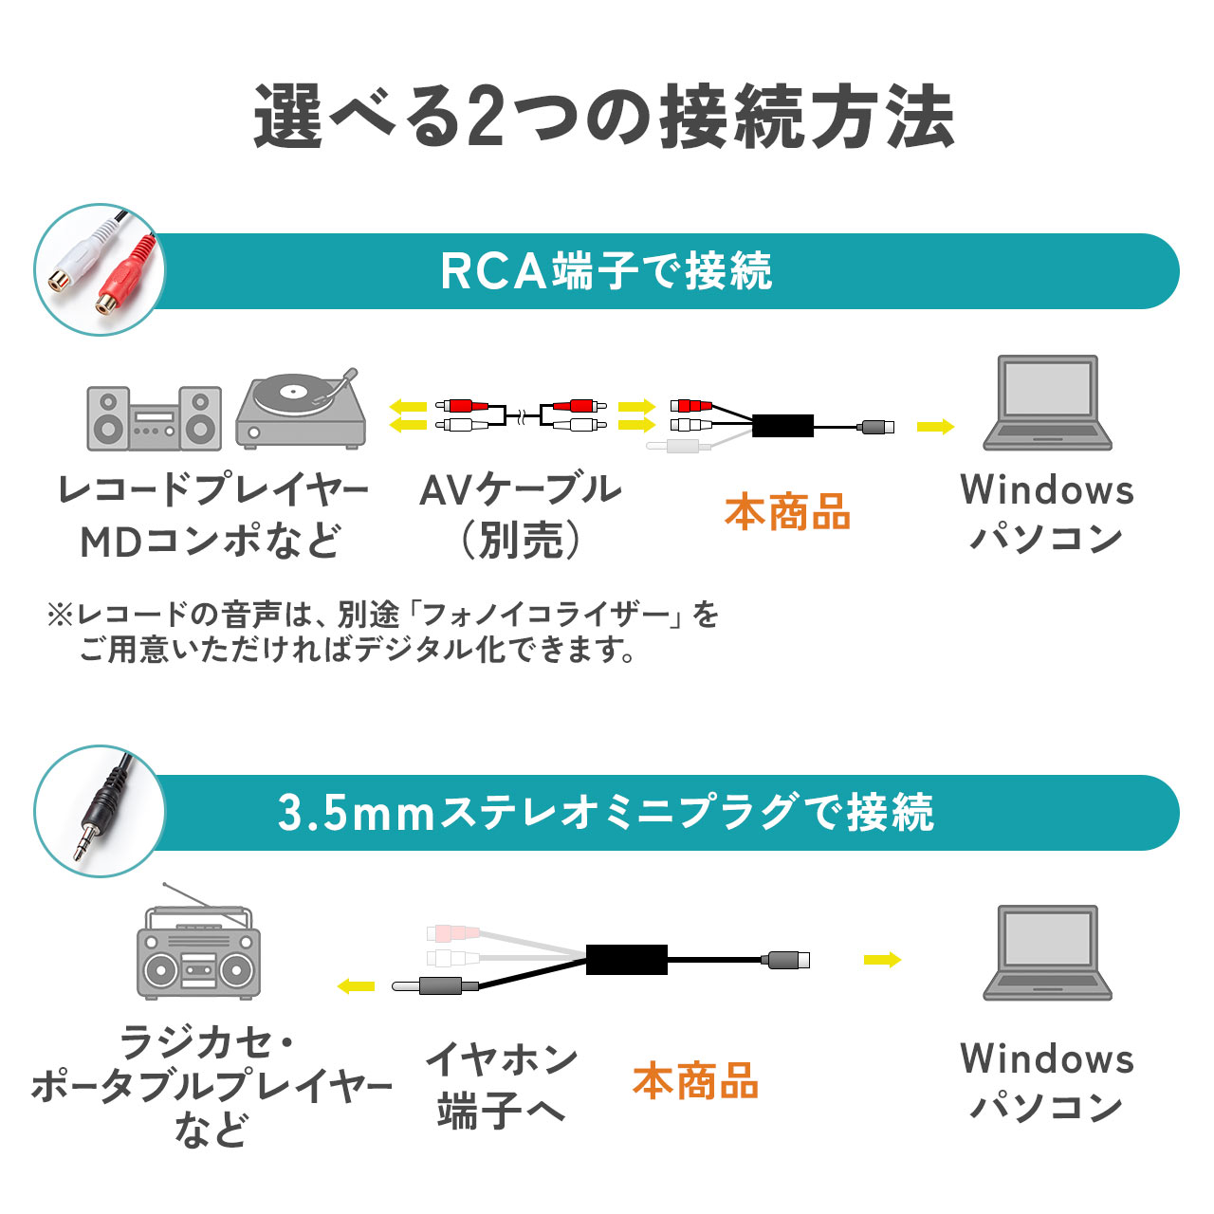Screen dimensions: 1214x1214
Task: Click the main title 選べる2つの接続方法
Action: pos(604,117)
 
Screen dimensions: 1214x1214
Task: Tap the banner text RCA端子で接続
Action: pos(606,271)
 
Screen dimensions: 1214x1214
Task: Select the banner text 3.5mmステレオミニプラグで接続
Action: pos(606,813)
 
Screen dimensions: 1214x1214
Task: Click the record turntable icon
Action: pos(301,410)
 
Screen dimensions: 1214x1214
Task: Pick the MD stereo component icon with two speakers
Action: pos(154,417)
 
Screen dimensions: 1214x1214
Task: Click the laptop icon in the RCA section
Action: pos(1047,404)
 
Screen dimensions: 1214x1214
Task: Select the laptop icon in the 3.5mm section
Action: pos(1047,953)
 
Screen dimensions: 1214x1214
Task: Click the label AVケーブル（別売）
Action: pos(520,515)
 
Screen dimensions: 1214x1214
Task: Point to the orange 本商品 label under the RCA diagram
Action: pos(787,512)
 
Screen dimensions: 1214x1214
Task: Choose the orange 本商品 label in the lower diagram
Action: pos(695,1081)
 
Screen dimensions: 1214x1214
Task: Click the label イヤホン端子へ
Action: pos(501,1084)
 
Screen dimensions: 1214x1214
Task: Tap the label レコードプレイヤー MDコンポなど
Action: pos(212,515)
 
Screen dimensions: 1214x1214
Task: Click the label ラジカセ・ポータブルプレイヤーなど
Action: pos(211,1086)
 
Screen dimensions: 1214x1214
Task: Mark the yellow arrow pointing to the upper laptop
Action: pos(935,427)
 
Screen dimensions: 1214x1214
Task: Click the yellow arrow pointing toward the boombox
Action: pos(357,986)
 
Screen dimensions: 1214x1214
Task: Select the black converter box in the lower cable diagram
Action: pos(626,960)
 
